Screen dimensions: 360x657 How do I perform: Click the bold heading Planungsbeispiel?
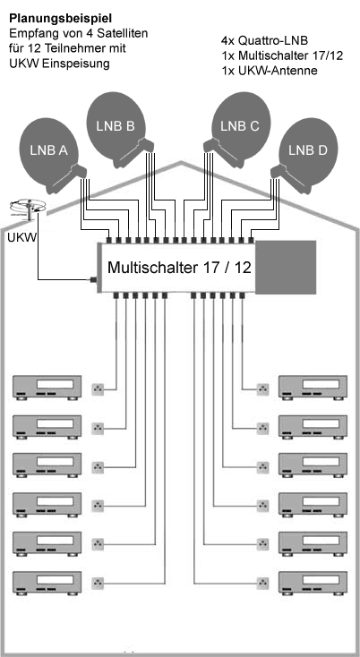point(61,19)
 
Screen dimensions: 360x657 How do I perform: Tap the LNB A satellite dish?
point(49,155)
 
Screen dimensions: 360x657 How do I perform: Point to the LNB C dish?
point(240,129)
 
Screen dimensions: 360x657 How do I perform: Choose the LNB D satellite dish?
point(307,155)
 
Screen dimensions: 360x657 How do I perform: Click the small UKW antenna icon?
point(28,209)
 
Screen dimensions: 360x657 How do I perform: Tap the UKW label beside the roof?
point(21,237)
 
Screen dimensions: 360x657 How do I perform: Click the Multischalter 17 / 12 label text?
point(179,267)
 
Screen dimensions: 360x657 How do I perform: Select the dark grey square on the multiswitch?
point(286,267)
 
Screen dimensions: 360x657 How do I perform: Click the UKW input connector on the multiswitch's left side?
point(94,279)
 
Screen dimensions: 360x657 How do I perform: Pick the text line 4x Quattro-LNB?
point(264,40)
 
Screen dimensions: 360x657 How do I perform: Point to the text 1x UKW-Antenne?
point(269,71)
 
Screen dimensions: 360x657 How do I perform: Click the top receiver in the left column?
point(47,387)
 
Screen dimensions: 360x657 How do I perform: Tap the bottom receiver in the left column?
point(47,583)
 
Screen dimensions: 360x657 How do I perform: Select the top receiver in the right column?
point(313,387)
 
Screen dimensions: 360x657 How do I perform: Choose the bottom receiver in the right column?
point(313,583)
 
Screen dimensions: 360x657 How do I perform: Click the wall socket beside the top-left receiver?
point(98,389)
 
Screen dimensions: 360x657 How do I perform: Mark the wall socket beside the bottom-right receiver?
point(262,583)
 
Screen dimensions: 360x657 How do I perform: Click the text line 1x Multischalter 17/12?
point(281,55)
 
